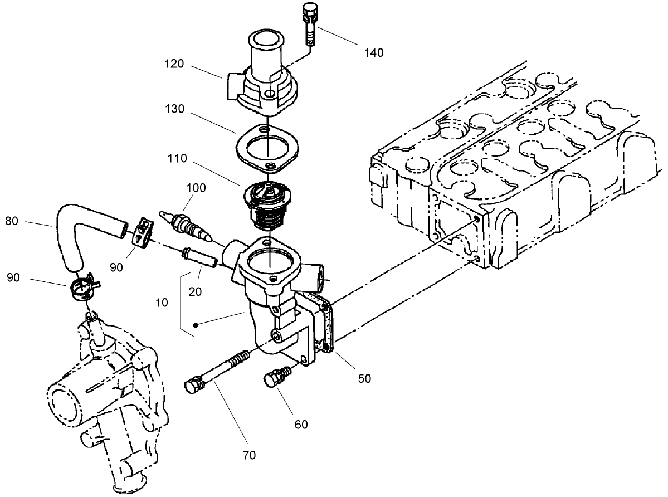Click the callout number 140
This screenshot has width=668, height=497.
[x=374, y=53]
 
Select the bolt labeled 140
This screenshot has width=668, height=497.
[x=310, y=25]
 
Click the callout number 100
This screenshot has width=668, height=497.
[x=196, y=188]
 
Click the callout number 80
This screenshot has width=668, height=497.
[x=12, y=221]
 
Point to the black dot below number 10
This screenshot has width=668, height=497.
[x=196, y=324]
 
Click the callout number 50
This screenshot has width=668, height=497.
[x=364, y=378]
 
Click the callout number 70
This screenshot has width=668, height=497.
[x=249, y=455]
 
